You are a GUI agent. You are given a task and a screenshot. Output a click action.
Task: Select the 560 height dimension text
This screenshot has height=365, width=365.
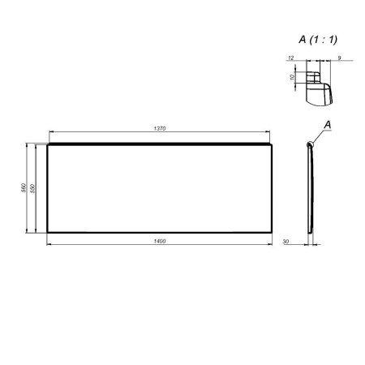[24, 188]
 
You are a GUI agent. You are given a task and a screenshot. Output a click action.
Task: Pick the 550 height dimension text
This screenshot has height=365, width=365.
[33, 188]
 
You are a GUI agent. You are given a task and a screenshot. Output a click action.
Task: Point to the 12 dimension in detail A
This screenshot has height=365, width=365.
[290, 58]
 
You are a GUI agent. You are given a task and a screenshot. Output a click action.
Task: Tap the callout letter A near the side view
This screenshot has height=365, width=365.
[327, 123]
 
